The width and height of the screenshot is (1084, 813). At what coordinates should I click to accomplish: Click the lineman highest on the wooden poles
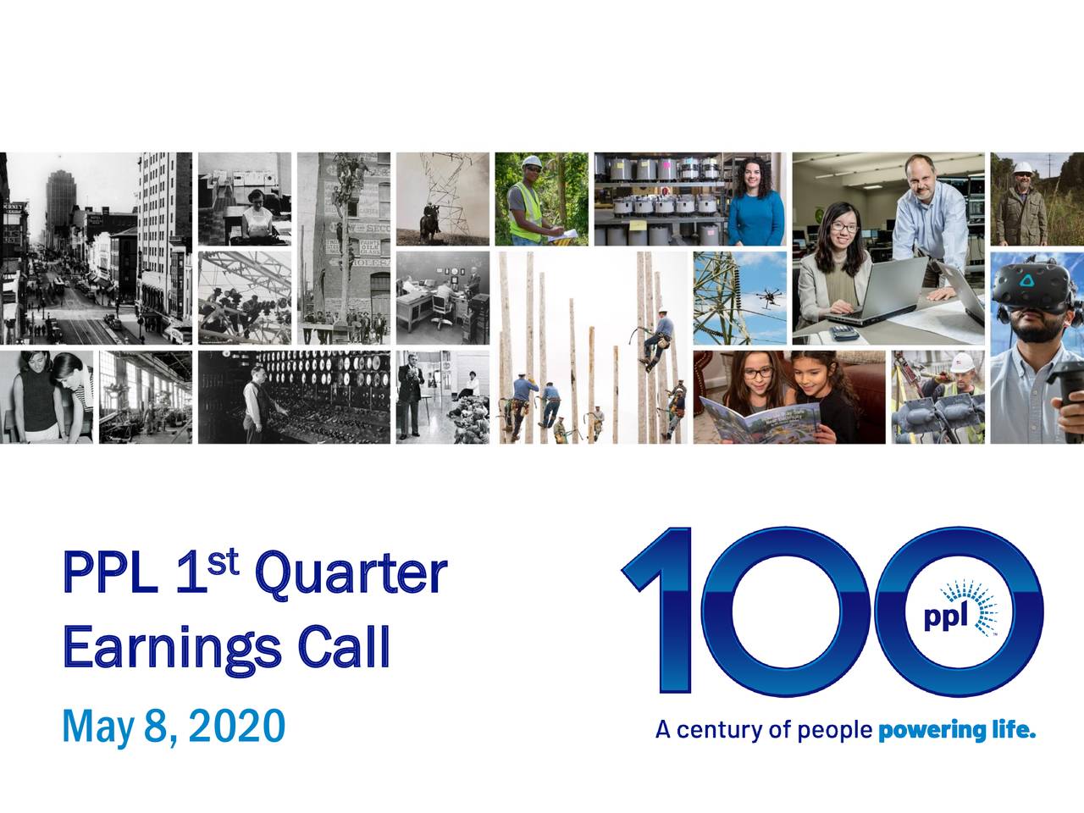pyautogui.click(x=653, y=339)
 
